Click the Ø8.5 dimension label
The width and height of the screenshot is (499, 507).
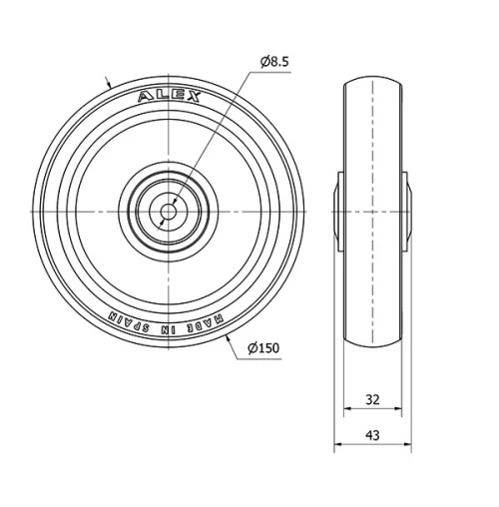[x=274, y=62]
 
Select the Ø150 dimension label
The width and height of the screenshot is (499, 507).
[x=262, y=346]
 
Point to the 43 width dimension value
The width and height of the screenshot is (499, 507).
[x=371, y=435]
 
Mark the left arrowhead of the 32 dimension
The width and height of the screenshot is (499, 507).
[x=347, y=409]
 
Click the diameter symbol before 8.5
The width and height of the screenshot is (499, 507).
[x=264, y=62]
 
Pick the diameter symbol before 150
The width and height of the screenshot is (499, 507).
[x=249, y=346]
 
